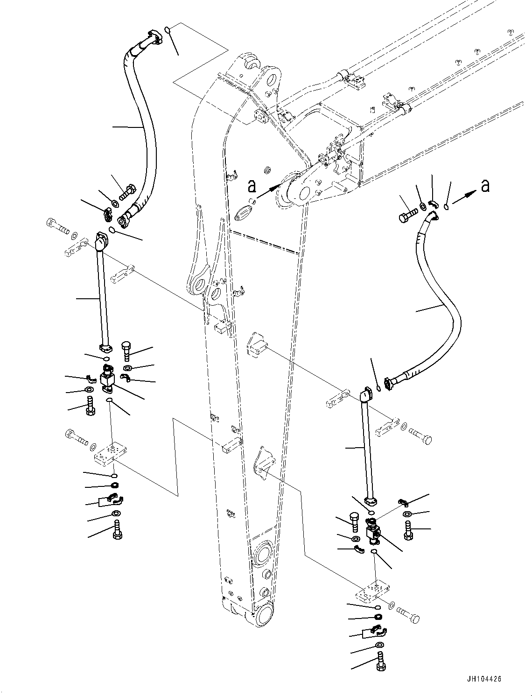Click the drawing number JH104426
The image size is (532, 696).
point(483,679)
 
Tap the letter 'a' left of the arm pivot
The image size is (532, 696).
point(252,186)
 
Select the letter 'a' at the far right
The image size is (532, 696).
point(485,185)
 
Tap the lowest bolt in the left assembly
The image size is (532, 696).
point(116,532)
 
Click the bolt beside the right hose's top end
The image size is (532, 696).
point(406,216)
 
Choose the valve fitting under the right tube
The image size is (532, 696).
point(373,533)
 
